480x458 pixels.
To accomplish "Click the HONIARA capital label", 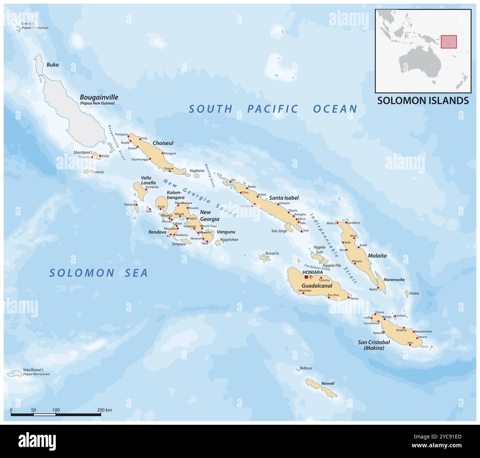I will click(312, 272).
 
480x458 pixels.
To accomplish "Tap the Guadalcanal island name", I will click(317, 286).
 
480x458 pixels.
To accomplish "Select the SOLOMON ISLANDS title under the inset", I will click(423, 100).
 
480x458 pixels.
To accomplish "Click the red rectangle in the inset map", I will click(449, 42).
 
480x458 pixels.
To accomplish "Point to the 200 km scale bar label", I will click(104, 410).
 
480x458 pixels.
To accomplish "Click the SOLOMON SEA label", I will click(99, 273).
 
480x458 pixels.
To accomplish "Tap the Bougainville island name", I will click(99, 97).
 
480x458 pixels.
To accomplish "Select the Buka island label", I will click(52, 65).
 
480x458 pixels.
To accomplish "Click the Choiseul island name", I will click(163, 143).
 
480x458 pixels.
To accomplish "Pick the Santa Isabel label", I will click(284, 198).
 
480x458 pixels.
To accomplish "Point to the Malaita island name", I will click(377, 255).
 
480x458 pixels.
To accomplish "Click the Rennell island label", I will click(328, 383).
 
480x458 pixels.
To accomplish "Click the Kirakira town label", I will click(401, 330).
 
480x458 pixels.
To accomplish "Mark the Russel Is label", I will click(272, 254).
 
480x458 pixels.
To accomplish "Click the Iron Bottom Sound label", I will click(316, 265).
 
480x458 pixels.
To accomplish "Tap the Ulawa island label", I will click(414, 293).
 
